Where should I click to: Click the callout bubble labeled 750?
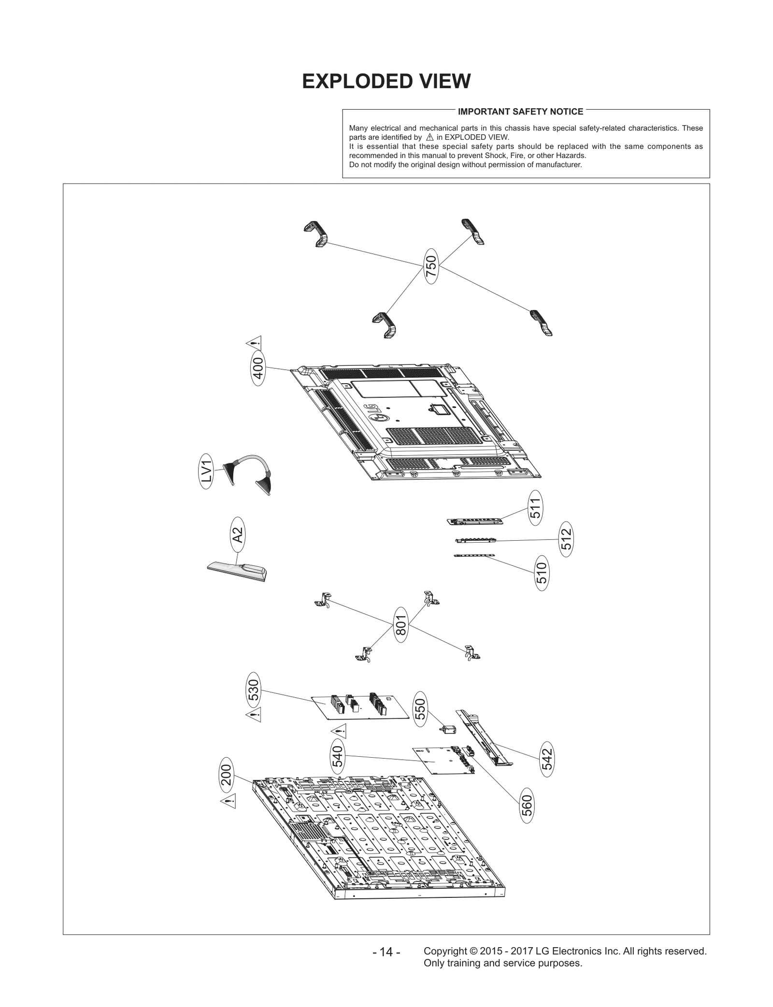[431, 266]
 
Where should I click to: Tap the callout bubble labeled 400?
[258, 371]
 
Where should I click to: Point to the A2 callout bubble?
[237, 535]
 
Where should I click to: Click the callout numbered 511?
[535, 508]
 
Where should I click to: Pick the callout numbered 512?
[566, 539]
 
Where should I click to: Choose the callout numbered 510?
[542, 573]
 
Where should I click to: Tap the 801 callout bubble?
[401, 625]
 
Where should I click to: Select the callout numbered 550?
[421, 709]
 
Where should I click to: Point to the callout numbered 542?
[547, 759]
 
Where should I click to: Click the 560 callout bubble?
[527, 805]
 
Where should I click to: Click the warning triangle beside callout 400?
[254, 344]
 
